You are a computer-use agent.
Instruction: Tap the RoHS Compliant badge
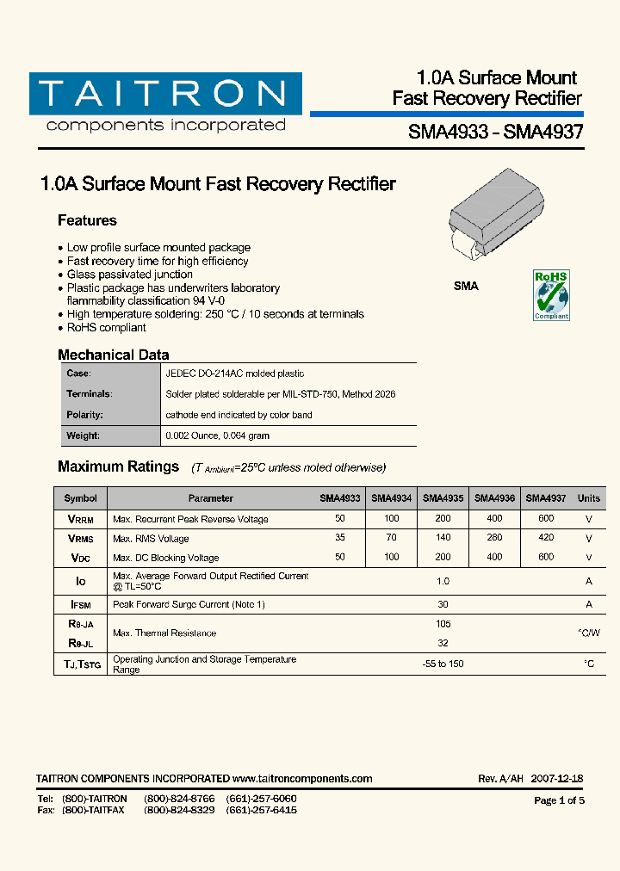coord(551,294)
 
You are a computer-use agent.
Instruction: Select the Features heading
coord(87,220)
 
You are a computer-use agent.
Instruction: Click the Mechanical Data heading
coord(113,355)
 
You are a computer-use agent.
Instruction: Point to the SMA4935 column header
coord(443,498)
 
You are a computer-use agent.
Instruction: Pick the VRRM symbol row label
coord(80,519)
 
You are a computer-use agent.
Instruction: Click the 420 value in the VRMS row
coord(546,538)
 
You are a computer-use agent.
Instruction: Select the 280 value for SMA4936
coord(494,538)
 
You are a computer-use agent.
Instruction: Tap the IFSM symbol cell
coord(80,605)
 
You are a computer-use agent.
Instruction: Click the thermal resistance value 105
coord(443,624)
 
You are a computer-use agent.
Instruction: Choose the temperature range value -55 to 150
coord(443,664)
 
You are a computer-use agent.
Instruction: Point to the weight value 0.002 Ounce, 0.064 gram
coord(217,435)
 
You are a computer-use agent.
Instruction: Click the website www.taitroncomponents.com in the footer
coord(302,779)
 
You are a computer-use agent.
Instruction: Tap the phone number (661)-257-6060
coord(261,799)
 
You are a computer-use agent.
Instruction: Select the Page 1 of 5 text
coord(559,800)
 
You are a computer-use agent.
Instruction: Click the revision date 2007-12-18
coord(557,779)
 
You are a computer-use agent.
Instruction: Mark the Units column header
coord(589,498)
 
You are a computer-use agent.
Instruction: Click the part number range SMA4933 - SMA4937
coord(495,133)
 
